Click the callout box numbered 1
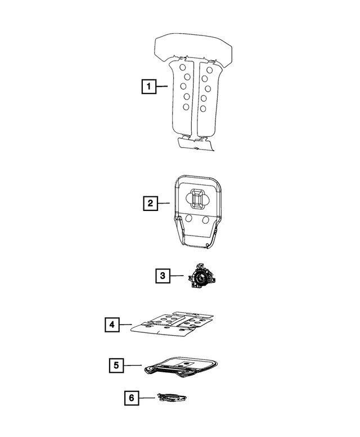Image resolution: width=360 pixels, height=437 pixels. [x=148, y=87]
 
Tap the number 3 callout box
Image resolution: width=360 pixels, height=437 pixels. [x=161, y=276]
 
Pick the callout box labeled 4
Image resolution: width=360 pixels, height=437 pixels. [x=112, y=325]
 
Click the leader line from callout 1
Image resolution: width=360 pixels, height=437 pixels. [x=162, y=87]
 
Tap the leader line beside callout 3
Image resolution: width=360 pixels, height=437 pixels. [x=177, y=276]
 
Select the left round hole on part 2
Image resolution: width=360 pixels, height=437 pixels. [x=190, y=218]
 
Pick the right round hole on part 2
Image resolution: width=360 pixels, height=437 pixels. [x=208, y=218]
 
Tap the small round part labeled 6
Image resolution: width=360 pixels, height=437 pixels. [x=171, y=398]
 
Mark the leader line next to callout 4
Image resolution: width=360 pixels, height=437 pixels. [x=126, y=325]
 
